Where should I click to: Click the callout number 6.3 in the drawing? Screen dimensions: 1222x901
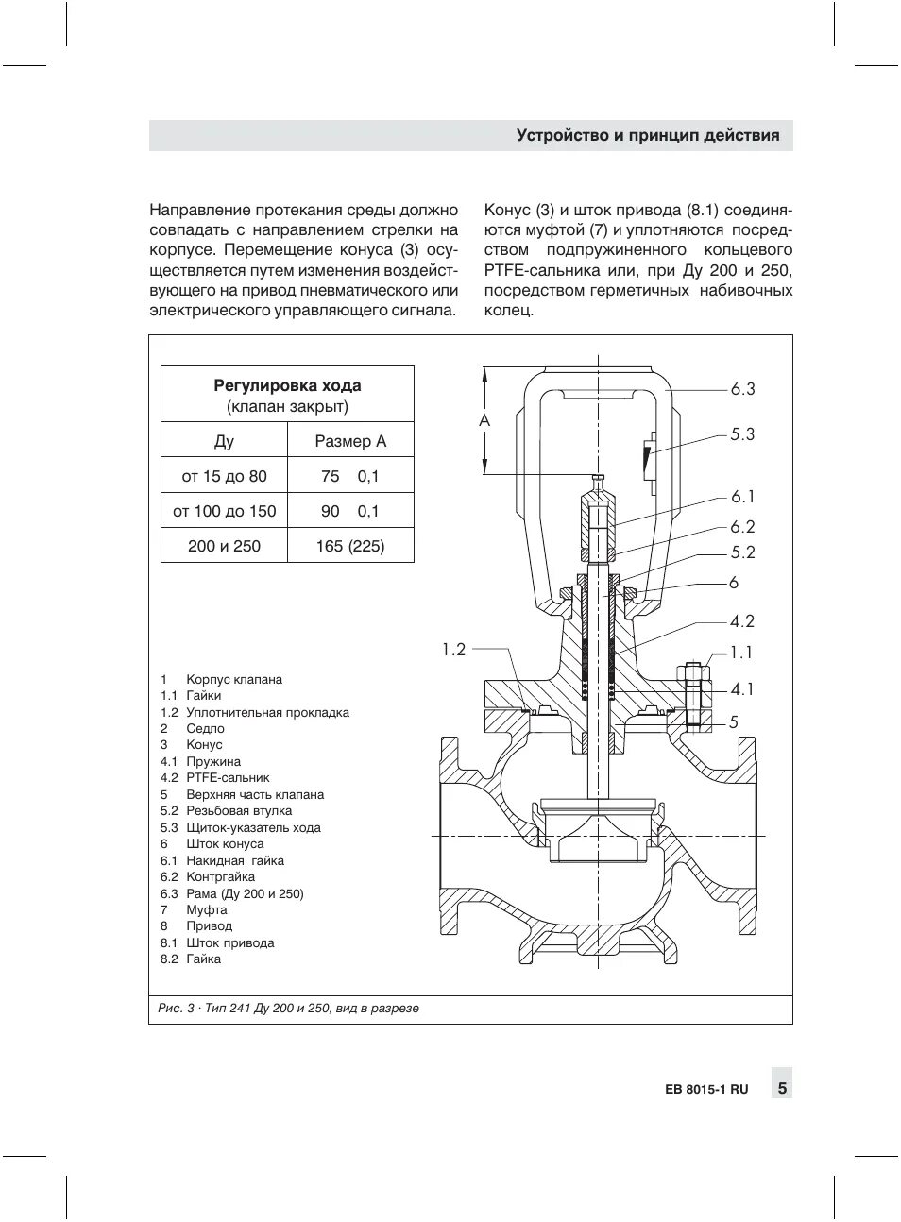point(742,389)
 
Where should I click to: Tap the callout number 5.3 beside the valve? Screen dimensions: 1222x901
point(742,434)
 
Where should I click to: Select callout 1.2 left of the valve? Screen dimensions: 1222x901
point(453,649)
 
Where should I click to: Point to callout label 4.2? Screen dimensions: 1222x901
point(742,621)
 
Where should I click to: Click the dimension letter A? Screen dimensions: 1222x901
point(484,420)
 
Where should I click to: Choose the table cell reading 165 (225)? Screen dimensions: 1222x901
point(350,546)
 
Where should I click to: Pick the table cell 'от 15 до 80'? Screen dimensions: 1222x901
point(224,476)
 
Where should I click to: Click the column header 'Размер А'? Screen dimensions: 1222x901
point(350,441)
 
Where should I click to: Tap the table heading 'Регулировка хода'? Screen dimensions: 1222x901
point(287,385)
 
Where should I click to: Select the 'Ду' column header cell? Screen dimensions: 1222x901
point(224,441)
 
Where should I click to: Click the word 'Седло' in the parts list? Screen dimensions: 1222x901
point(205,729)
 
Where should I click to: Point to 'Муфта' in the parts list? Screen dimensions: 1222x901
point(207,910)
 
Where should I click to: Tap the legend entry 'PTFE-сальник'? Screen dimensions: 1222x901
point(228,778)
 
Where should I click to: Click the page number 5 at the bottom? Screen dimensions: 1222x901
point(782,1088)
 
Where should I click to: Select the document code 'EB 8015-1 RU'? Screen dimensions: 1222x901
point(705,1089)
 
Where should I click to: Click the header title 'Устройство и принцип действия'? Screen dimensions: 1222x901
point(648,135)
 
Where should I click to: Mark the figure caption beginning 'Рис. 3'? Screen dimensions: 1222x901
point(288,1009)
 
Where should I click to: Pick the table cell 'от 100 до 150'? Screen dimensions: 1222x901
point(224,511)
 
